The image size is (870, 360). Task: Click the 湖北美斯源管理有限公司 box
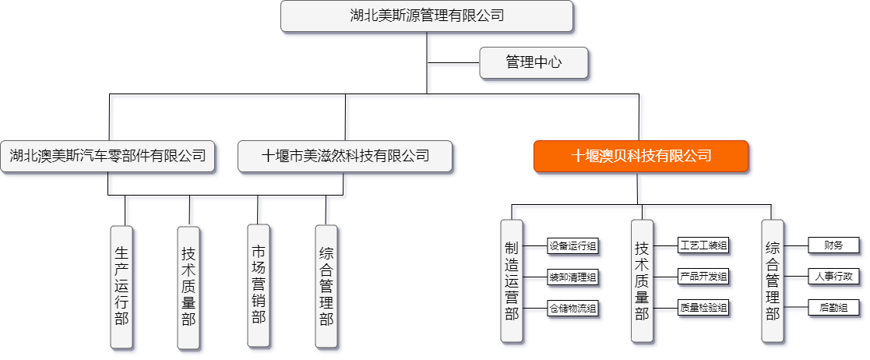pos(427,16)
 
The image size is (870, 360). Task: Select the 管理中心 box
pos(534,62)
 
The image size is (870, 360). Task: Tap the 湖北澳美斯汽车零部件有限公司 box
pos(107,155)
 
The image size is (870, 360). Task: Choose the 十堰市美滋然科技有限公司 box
pos(346,155)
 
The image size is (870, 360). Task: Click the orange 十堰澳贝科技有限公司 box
pos(641,155)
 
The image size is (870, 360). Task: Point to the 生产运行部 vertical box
pos(122,286)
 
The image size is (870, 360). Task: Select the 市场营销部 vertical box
pos(259,284)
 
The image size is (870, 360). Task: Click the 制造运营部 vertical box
pos(512,280)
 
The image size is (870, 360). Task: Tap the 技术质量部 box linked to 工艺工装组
pos(643,280)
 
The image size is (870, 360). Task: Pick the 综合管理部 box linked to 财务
pos(773,280)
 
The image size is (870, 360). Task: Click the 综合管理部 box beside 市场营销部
pos(326,286)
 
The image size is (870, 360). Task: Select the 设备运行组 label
pos(572,246)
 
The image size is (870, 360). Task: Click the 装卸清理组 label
pos(572,277)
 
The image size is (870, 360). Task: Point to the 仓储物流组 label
pos(572,308)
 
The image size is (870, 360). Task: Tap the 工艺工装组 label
pos(703,246)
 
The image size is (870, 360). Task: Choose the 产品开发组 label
pos(703,277)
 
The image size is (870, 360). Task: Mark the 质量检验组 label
pos(703,308)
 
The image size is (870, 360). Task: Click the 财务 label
pos(833,245)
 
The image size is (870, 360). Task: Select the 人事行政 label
pos(833,276)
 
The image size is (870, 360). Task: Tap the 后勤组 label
pos(833,307)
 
